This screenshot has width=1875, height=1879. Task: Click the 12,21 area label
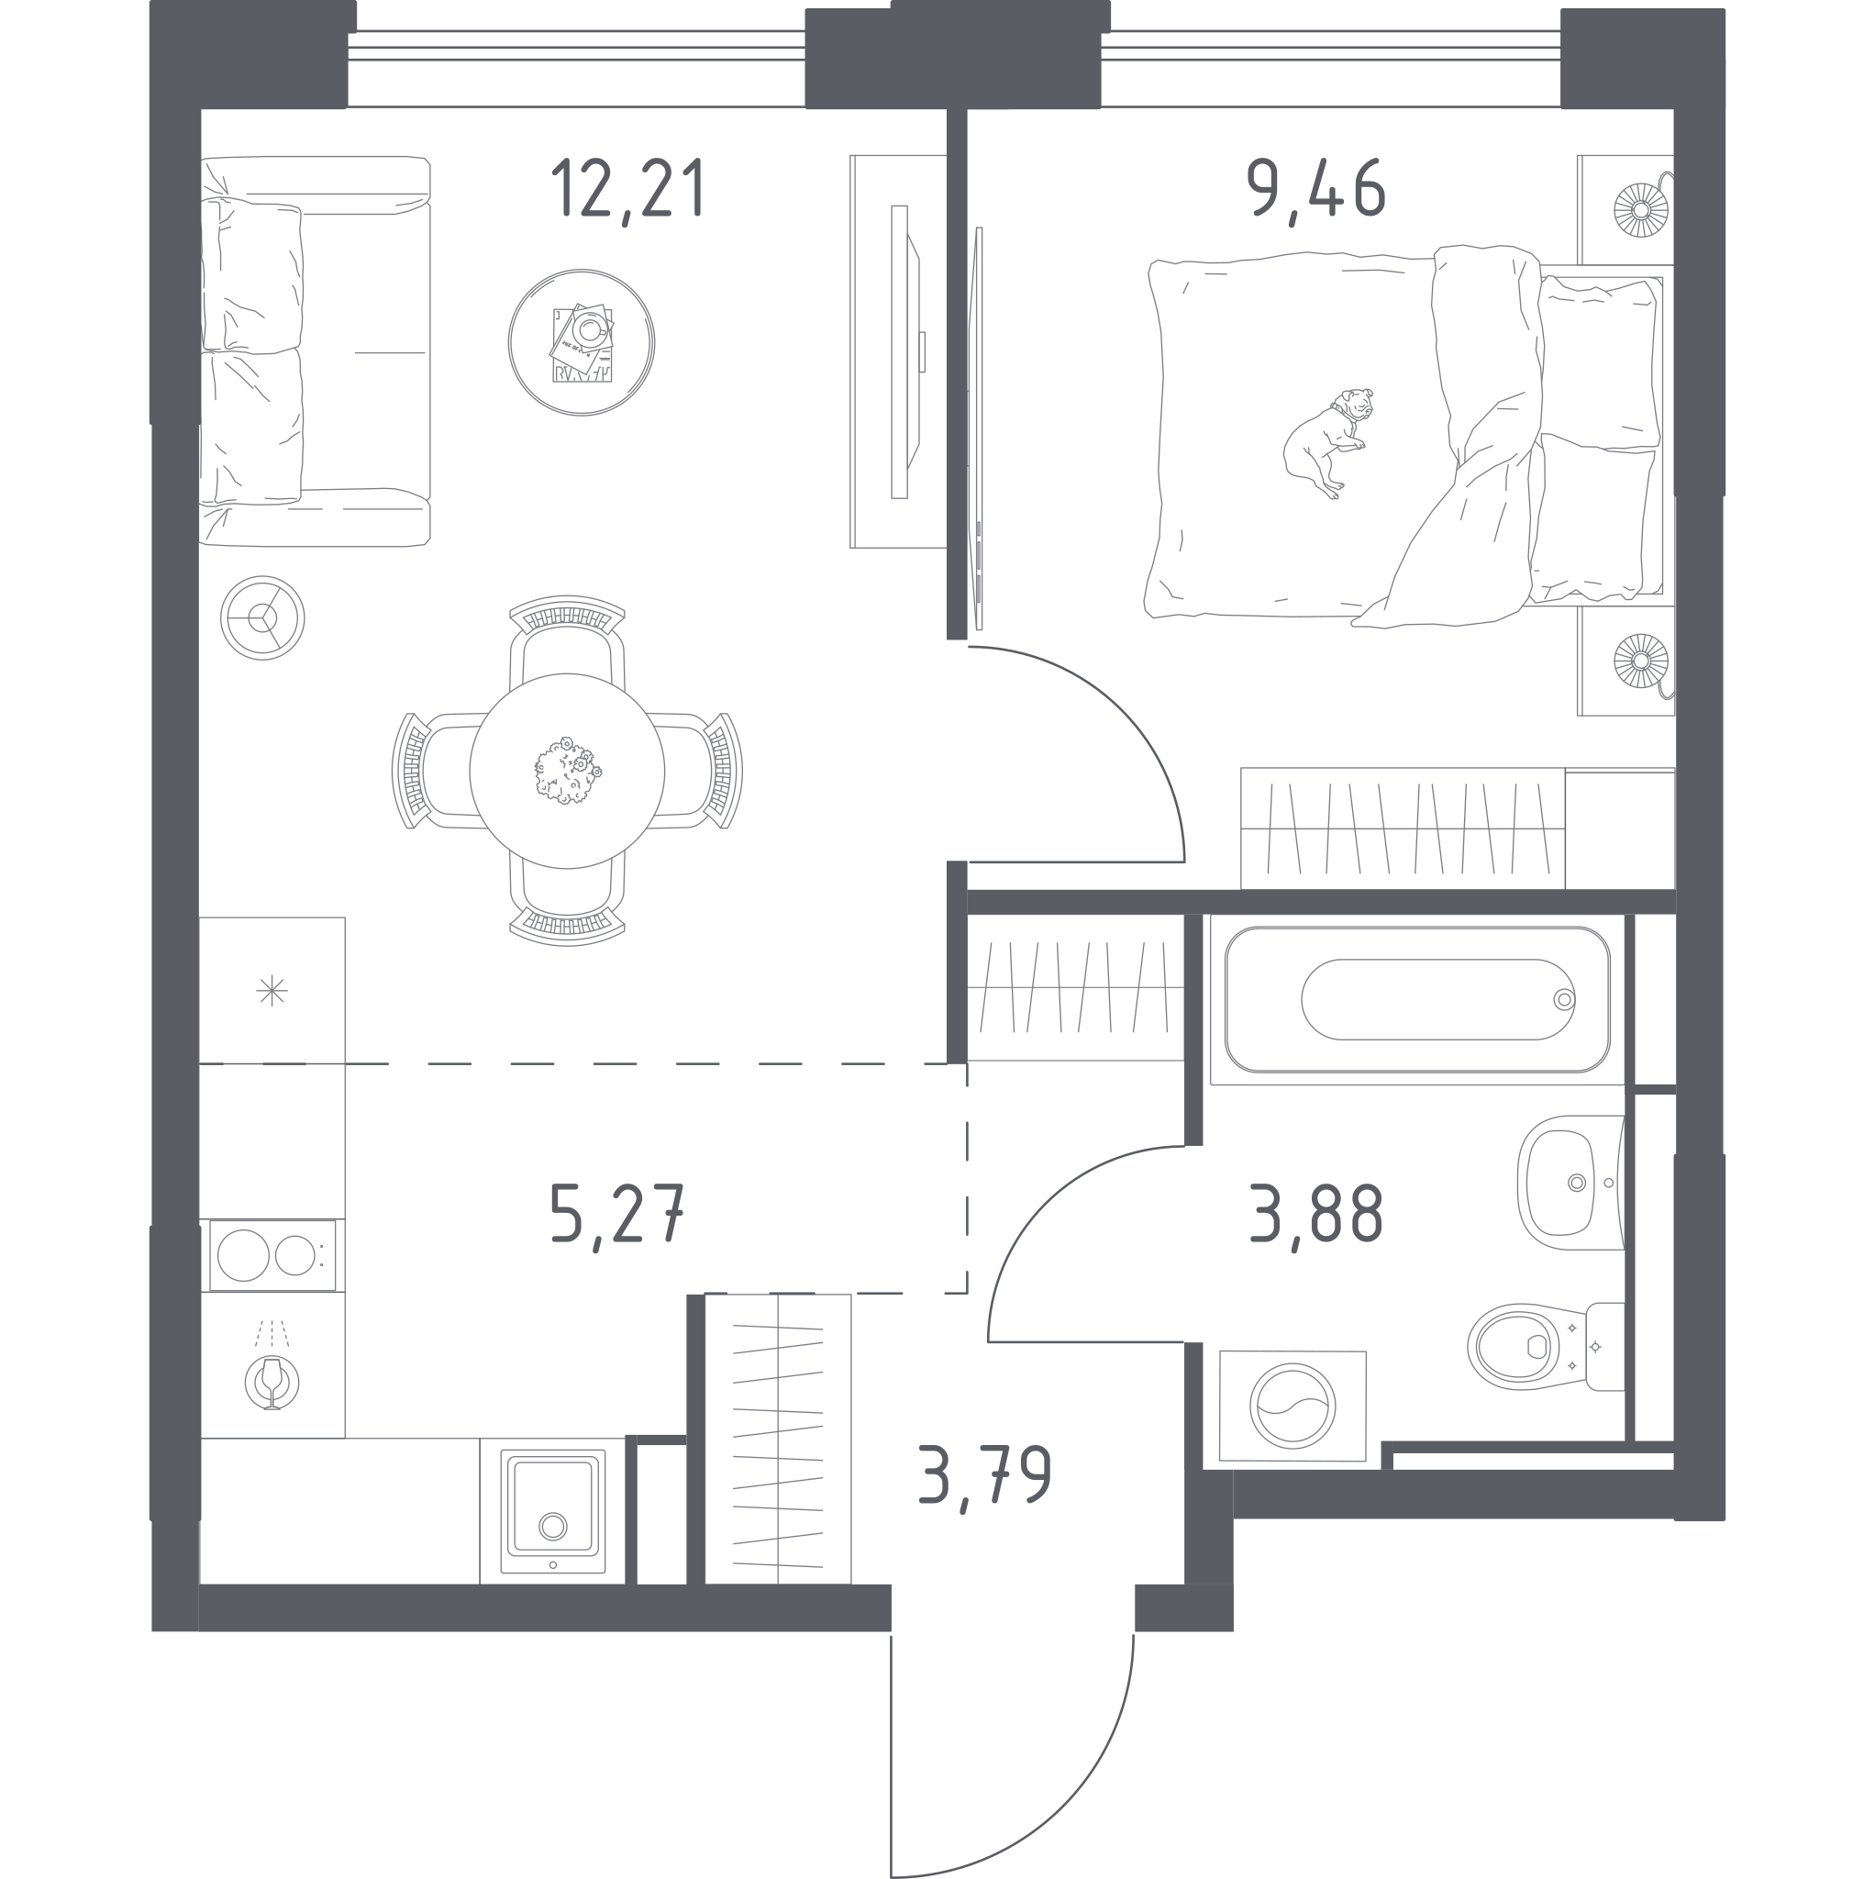tap(627, 191)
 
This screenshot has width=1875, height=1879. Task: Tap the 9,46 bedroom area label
tap(1315, 191)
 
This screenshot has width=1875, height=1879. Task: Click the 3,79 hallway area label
tap(984, 1477)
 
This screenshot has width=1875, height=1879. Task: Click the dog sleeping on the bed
tap(1327, 442)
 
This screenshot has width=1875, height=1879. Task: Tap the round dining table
tap(567, 771)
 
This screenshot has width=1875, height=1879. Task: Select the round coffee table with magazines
tap(582, 342)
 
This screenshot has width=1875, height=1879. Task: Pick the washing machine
tap(1293, 1406)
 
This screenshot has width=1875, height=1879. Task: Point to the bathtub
tap(1417, 999)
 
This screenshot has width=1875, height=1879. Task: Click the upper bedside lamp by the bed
tap(1640, 209)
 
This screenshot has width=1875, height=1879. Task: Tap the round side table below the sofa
tap(261, 617)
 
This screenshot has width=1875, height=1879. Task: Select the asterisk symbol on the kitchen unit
tap(272, 991)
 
